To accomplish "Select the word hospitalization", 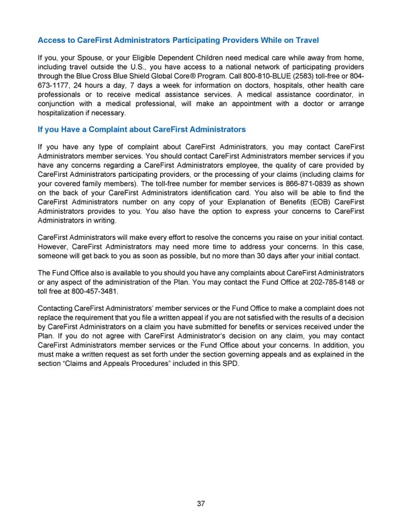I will pos(66,114).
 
